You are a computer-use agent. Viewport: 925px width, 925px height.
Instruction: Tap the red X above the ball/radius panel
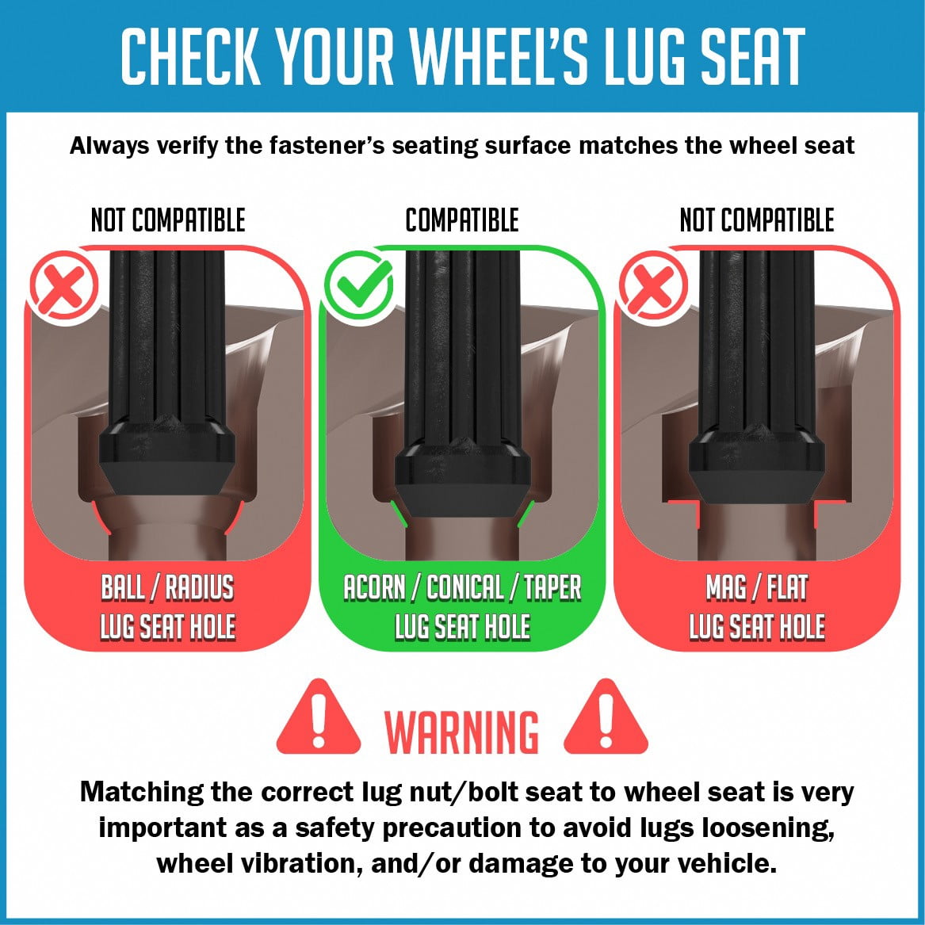[x=64, y=285]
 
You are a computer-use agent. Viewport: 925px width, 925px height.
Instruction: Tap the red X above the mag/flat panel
[x=653, y=285]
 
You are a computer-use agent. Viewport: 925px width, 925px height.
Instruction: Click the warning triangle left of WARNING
[x=319, y=717]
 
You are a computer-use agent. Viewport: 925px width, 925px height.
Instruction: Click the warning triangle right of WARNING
[x=606, y=717]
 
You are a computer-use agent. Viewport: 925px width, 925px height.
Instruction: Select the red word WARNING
[x=462, y=732]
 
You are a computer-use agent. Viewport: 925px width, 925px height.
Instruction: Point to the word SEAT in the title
[x=752, y=56]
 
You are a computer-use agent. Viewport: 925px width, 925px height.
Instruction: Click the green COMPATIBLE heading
[x=462, y=220]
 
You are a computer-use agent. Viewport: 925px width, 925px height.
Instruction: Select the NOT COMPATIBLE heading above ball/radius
[x=168, y=220]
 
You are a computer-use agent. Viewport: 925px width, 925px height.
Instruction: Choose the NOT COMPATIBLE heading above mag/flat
[x=757, y=220]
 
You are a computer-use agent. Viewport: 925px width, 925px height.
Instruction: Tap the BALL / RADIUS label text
[x=167, y=587]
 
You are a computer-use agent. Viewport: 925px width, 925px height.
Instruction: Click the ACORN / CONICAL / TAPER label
[x=463, y=587]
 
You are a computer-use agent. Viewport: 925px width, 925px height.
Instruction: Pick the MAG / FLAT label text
[x=757, y=587]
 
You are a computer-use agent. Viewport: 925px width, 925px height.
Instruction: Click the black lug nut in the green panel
[x=463, y=384]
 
